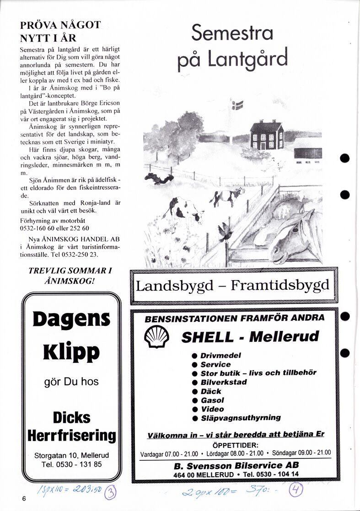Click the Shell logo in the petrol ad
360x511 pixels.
156,338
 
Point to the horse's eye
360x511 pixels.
296,227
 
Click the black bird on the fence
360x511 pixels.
225,231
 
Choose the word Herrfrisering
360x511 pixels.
71,435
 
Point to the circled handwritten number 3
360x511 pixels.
111,493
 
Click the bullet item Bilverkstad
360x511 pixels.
224,382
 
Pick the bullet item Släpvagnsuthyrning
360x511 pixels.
241,418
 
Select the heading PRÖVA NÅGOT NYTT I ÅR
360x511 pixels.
60,31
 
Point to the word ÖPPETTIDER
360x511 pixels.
236,445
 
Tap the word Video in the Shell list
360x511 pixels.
213,409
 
